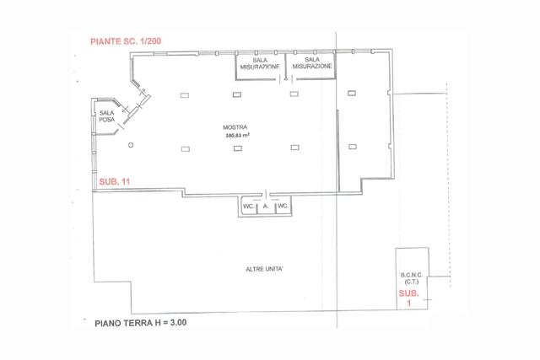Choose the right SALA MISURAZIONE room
[312, 64]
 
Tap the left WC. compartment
[249, 207]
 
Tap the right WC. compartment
[283, 207]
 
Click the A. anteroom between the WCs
[266, 207]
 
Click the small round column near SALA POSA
[131, 145]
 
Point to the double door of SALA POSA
[127, 115]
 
